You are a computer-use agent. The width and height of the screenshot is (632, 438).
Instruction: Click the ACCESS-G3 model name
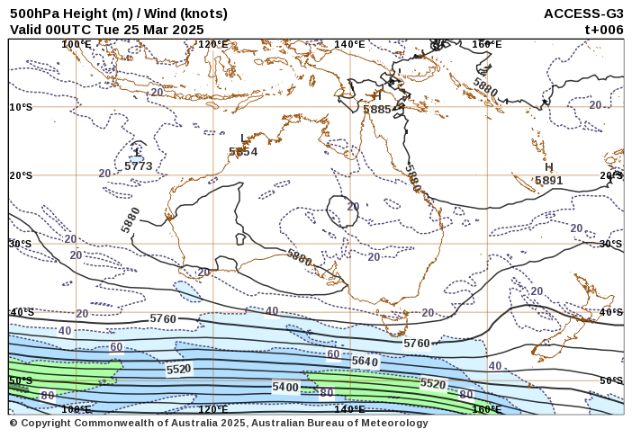click(x=583, y=13)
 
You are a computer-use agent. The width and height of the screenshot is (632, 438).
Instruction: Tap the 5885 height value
click(x=377, y=110)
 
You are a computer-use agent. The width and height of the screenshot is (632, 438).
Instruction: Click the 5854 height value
click(x=243, y=152)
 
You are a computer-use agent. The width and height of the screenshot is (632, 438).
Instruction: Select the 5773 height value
click(x=138, y=166)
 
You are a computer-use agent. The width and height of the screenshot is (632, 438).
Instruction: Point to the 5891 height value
click(x=548, y=180)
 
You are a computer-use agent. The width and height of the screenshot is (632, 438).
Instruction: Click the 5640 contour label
click(x=365, y=362)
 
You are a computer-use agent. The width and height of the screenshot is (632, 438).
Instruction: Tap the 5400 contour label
click(x=285, y=387)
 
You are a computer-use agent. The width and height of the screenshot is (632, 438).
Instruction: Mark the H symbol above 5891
click(x=548, y=167)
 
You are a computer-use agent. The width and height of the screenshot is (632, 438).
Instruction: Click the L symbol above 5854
click(x=243, y=139)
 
